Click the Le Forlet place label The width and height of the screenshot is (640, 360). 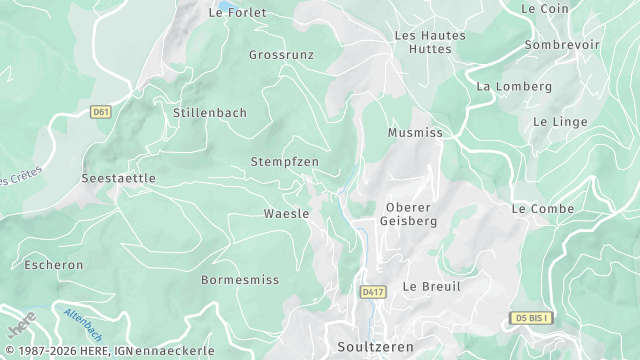[x=238, y=13]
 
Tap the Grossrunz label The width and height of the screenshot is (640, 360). [x=281, y=55]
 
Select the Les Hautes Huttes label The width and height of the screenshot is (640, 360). [x=430, y=41]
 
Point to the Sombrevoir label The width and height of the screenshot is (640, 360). [x=562, y=45]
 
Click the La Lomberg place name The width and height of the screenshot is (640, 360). [x=514, y=86]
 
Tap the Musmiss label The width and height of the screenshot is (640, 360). [x=415, y=132]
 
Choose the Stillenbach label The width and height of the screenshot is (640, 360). [x=210, y=113]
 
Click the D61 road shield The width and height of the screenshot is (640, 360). [x=100, y=112]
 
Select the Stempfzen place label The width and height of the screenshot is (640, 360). [x=285, y=161]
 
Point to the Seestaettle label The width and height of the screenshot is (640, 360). [x=118, y=178]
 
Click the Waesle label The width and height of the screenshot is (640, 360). [x=286, y=214]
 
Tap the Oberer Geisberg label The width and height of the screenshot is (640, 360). [x=411, y=214]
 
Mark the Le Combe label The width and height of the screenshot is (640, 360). [x=543, y=209]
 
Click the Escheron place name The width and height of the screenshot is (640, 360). [x=54, y=266]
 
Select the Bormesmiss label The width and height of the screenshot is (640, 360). [x=240, y=280]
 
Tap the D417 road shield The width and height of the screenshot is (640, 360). [x=373, y=291]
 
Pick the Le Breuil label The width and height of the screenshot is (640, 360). [x=432, y=286]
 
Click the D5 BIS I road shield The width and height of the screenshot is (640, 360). [x=531, y=318]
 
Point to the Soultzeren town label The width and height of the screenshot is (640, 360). [x=374, y=346]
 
